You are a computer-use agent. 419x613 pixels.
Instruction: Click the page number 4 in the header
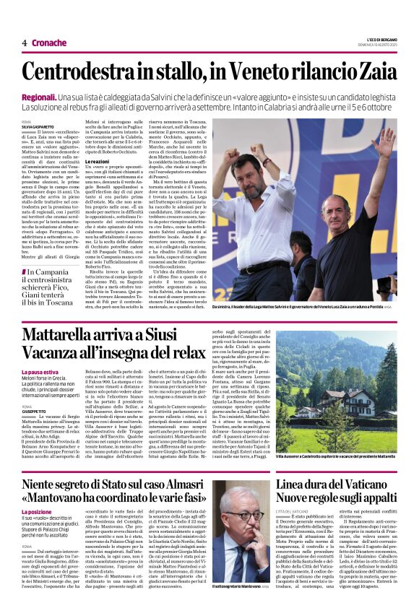(24, 43)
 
